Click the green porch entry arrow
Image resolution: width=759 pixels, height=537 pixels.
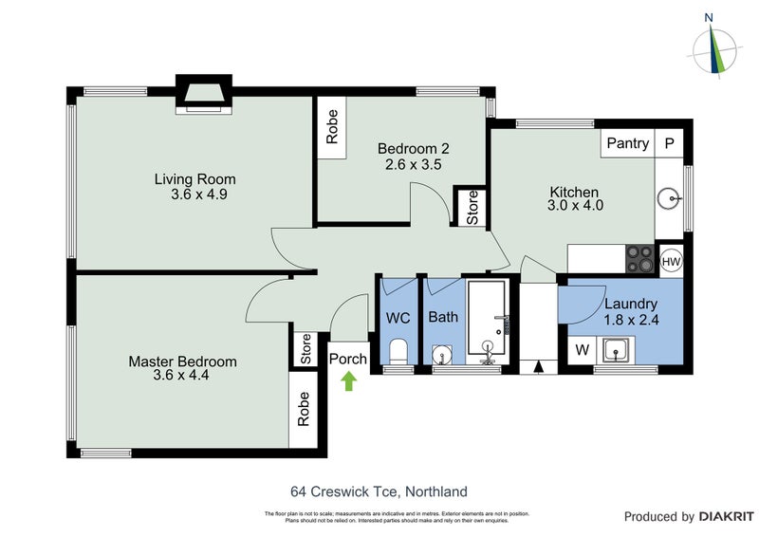(x=348, y=380)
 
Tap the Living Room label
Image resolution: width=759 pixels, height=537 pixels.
(x=195, y=179)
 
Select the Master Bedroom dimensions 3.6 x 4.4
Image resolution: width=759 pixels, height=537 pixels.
(x=182, y=375)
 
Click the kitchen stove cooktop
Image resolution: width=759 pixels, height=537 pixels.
(x=639, y=259)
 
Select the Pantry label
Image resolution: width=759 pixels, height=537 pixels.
(x=628, y=143)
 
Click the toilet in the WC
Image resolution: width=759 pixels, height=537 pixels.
(x=398, y=352)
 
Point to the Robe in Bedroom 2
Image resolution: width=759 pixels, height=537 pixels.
(x=332, y=127)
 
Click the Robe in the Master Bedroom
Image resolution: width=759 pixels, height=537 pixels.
(x=304, y=408)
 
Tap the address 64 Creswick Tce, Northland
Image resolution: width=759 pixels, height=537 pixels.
(x=379, y=491)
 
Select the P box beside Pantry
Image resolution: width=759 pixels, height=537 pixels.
(x=669, y=143)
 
